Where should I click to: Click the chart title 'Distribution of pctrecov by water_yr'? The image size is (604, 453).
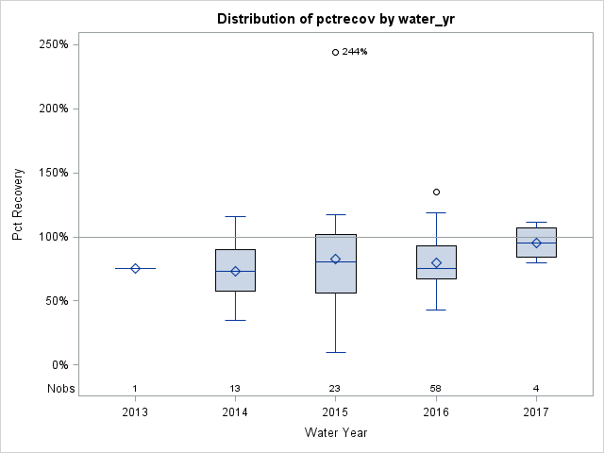click(335, 19)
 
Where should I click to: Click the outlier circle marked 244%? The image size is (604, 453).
click(335, 52)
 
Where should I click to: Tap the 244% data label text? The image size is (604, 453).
click(355, 52)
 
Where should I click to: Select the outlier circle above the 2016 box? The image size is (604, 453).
click(436, 192)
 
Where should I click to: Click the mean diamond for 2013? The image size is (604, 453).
click(135, 269)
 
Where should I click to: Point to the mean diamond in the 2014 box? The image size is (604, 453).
click(235, 271)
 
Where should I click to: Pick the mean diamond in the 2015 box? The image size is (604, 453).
click(335, 260)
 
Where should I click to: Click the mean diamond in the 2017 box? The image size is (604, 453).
click(536, 243)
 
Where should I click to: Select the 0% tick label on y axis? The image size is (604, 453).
click(58, 365)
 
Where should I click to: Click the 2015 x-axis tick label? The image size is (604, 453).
click(335, 412)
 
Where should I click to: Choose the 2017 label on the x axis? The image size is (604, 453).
click(536, 412)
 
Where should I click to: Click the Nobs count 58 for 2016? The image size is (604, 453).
click(436, 389)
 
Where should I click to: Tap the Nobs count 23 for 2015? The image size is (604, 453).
click(335, 389)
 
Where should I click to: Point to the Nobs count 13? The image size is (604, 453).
click(235, 389)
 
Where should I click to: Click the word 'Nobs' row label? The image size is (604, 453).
click(59, 389)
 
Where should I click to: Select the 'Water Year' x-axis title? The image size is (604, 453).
click(335, 433)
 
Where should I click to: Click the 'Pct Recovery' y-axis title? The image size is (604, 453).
click(18, 205)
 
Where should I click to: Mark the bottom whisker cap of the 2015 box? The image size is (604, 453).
click(335, 352)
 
